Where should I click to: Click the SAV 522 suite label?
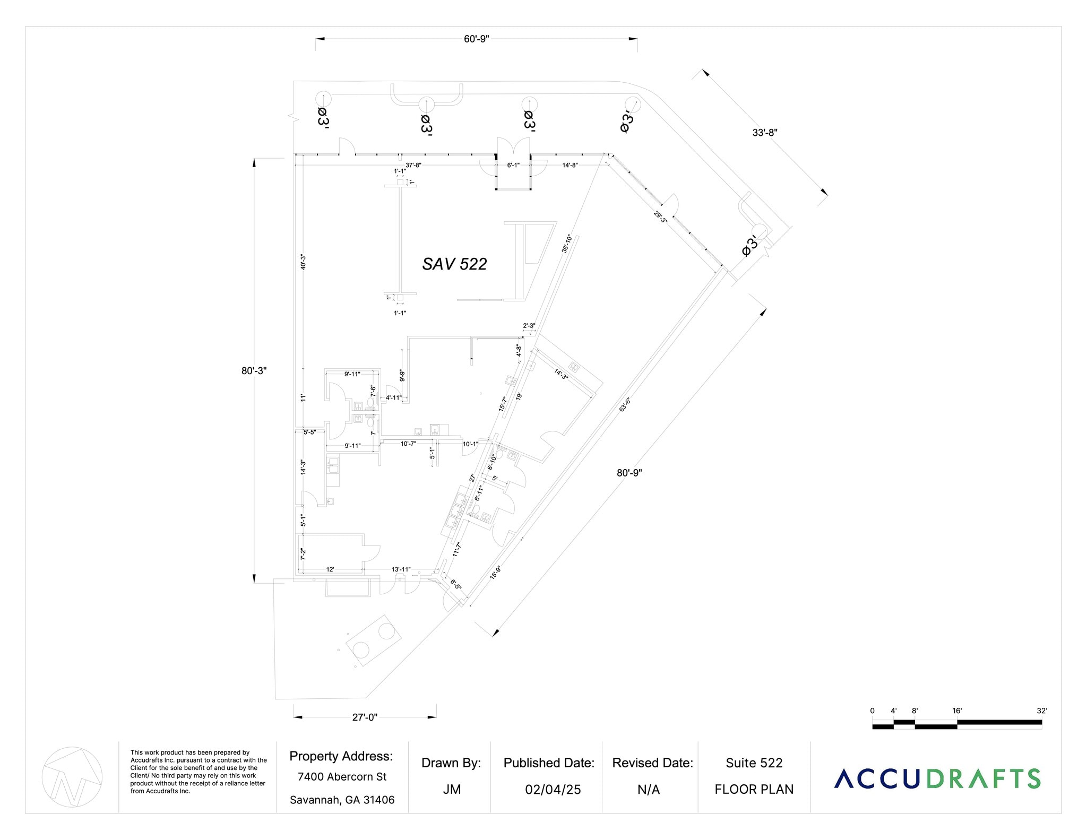454,264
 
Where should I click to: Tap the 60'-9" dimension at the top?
476,39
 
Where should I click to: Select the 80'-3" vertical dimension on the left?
254,371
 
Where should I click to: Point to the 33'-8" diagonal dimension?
764,133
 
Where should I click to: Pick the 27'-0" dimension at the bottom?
365,717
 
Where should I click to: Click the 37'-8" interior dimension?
413,166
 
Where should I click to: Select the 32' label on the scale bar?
1041,711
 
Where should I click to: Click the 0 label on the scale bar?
872,711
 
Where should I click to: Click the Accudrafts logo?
937,778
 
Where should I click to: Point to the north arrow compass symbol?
72,777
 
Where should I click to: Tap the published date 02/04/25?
553,790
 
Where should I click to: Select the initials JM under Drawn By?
451,790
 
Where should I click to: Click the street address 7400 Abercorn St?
342,777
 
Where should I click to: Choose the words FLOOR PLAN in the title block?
754,790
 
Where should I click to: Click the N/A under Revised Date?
648,790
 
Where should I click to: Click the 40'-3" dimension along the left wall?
303,262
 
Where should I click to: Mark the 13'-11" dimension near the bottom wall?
401,569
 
